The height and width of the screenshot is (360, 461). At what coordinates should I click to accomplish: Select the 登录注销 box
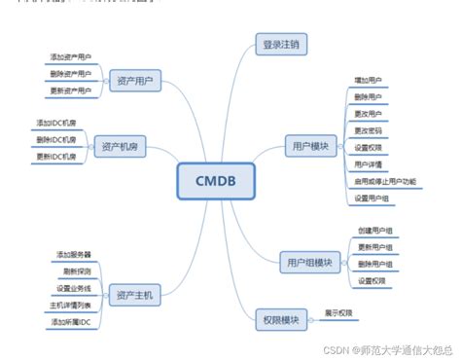[281, 44]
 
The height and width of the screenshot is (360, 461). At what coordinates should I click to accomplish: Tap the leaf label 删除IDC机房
[56, 139]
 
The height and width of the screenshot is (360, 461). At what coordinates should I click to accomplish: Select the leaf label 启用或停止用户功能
[385, 181]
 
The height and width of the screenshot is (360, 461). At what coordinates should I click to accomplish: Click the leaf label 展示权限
[338, 312]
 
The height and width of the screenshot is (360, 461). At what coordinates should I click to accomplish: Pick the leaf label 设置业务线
[73, 288]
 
